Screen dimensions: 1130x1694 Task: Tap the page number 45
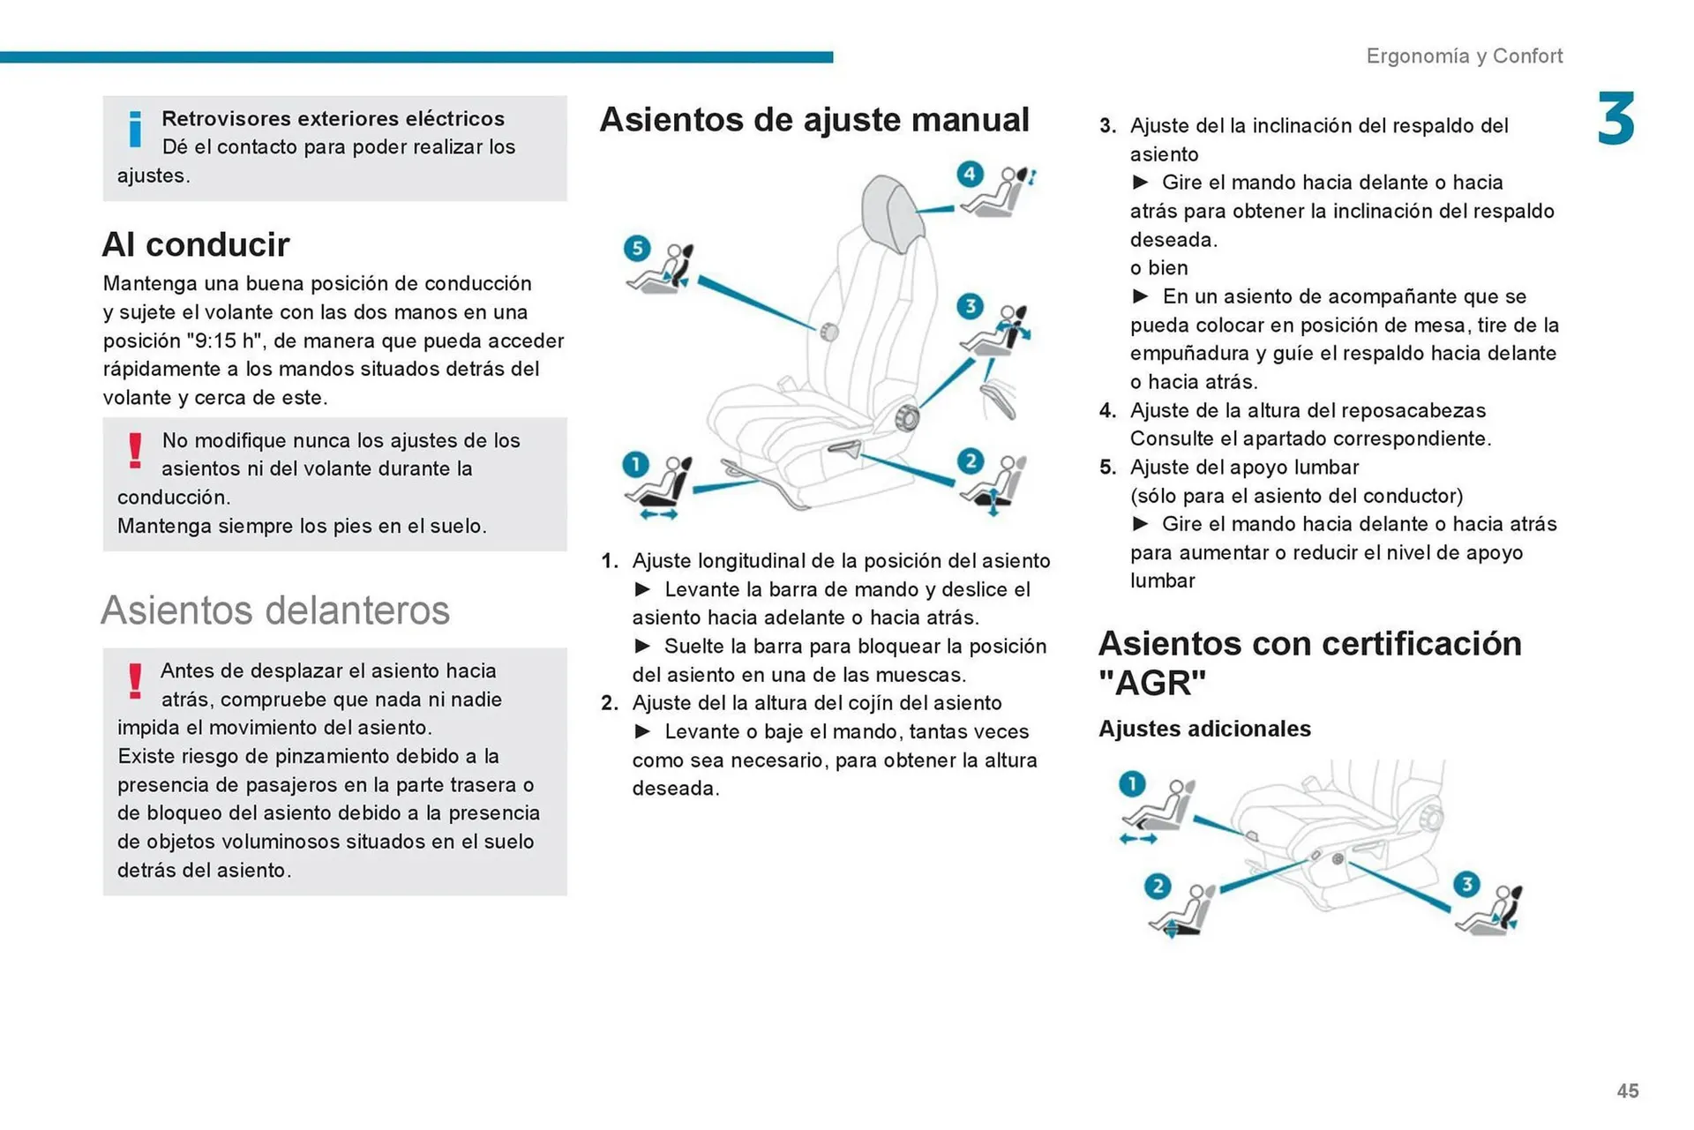[x=1627, y=1091]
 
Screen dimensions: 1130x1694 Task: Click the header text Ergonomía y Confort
[x=1464, y=56]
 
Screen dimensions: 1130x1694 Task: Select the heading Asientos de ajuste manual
[x=813, y=119]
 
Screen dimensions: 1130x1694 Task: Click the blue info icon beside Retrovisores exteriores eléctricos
[x=135, y=129]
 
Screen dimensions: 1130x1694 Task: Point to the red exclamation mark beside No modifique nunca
[x=135, y=450]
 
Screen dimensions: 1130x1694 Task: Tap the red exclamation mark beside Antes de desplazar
[x=135, y=681]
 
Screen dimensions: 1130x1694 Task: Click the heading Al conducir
[x=195, y=244]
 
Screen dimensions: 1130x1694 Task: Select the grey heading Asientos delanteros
[x=274, y=610]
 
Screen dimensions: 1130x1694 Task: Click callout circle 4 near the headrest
[x=970, y=174]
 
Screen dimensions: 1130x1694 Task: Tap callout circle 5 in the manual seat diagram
[x=636, y=248]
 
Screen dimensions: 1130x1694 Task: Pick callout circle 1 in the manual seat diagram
[x=635, y=464]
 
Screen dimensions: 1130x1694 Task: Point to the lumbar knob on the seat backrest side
[x=828, y=332]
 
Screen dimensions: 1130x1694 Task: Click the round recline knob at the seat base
[x=906, y=417]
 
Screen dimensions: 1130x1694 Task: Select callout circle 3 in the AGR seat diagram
[x=1466, y=884]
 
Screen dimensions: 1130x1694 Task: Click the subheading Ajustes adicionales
[x=1204, y=729]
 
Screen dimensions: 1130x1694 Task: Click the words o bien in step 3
[x=1158, y=267]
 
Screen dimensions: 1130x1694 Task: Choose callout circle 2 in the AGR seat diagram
[x=1158, y=886]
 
